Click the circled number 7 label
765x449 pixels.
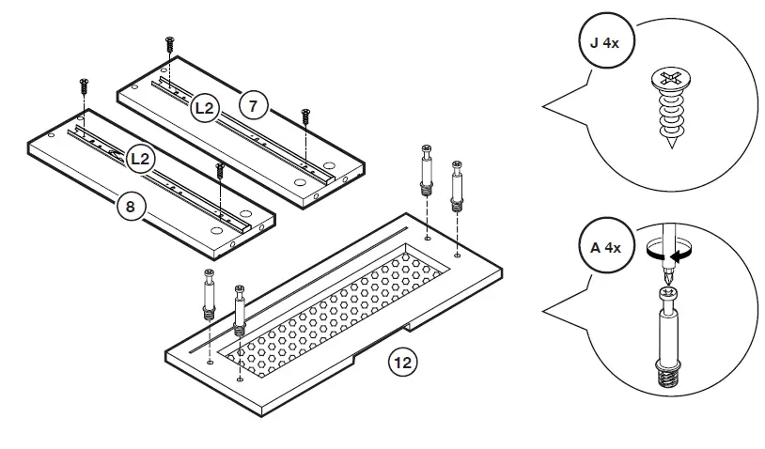tap(251, 105)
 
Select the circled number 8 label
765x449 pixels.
tap(130, 206)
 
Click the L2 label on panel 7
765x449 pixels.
tap(207, 109)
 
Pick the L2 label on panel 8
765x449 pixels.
tap(140, 159)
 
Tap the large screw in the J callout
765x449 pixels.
tap(671, 108)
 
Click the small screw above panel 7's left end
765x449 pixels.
tap(170, 45)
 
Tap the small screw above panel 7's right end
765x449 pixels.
tap(305, 116)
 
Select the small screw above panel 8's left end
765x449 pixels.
tap(84, 86)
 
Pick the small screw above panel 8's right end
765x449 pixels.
tap(220, 170)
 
